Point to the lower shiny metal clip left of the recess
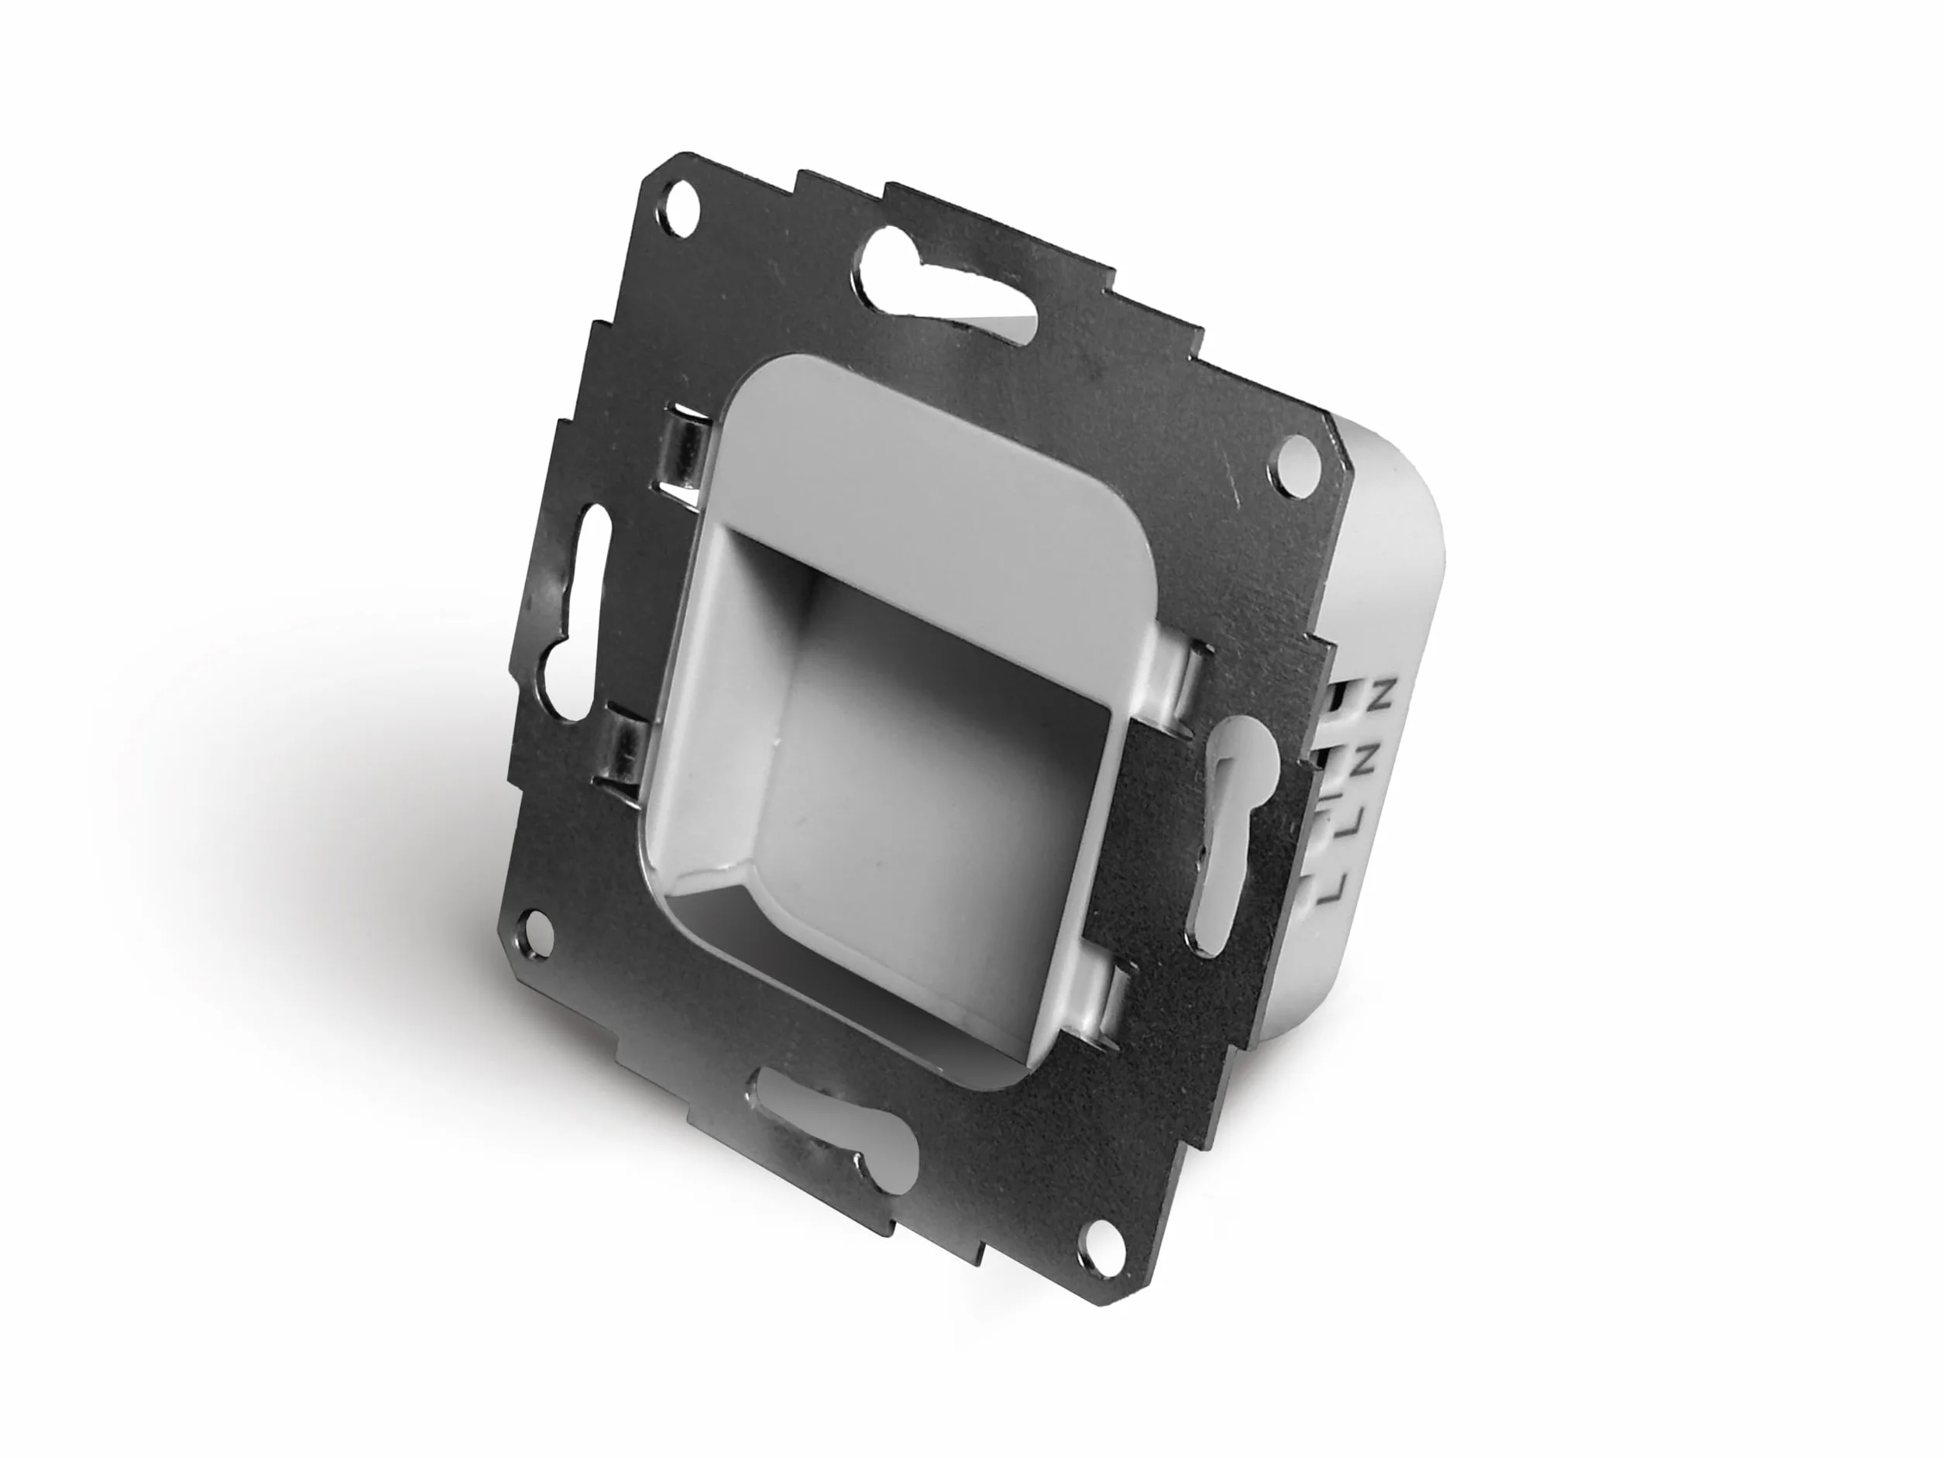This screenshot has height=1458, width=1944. (626, 755)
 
